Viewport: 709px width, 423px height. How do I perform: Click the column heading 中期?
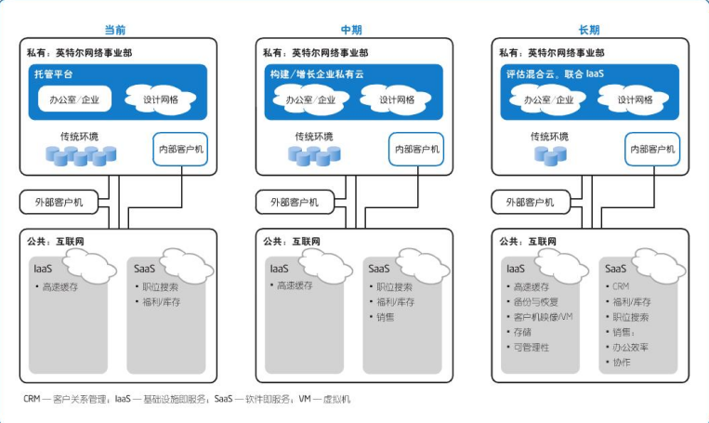click(351, 30)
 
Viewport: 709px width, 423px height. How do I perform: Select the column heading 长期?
click(588, 30)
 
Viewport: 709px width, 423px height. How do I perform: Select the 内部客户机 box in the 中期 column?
click(417, 149)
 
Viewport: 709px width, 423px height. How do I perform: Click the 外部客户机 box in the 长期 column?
click(530, 202)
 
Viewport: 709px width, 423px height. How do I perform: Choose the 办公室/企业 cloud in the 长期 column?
click(548, 99)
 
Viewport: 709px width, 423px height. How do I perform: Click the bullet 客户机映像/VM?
click(545, 317)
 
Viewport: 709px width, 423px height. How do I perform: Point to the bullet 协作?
click(622, 362)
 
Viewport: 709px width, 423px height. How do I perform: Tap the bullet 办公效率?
click(631, 347)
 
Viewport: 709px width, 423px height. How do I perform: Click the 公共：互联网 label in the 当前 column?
click(58, 240)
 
